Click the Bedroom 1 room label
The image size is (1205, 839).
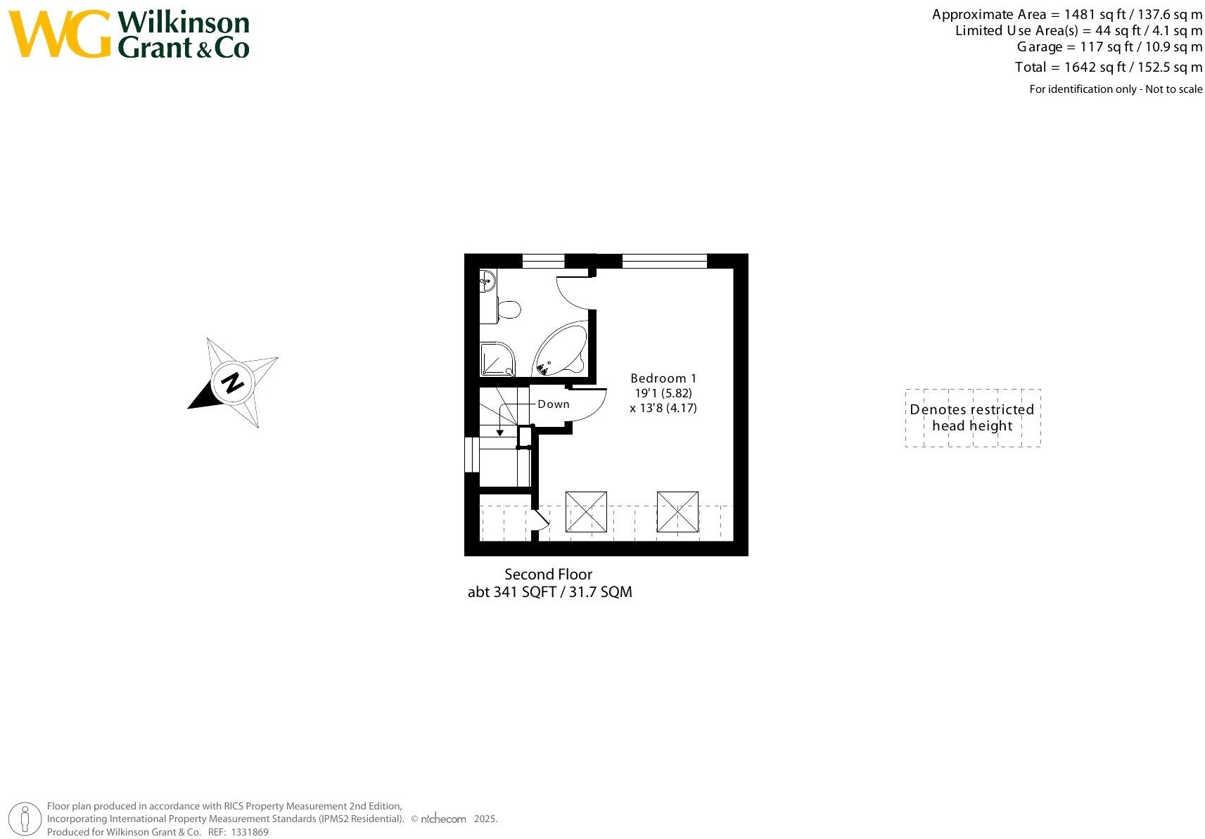coord(663,378)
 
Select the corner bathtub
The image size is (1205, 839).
coord(561,350)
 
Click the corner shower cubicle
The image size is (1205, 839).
coord(497,359)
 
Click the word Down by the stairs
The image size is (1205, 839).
coord(554,404)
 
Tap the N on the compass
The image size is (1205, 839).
coord(232,383)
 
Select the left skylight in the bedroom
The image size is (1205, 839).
coord(586,512)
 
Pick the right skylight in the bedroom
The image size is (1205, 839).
coord(677,512)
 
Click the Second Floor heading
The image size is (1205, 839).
coord(548,575)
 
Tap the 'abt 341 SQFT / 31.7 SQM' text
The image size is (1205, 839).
coord(549,592)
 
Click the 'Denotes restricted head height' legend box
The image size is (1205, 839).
coord(972,418)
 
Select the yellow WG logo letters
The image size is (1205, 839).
coord(60,34)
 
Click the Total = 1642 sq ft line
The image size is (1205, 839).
coord(1108,68)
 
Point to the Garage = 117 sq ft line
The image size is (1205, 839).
coord(1109,47)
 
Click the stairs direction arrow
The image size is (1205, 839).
coord(500,430)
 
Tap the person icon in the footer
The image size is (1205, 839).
coord(25,819)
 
